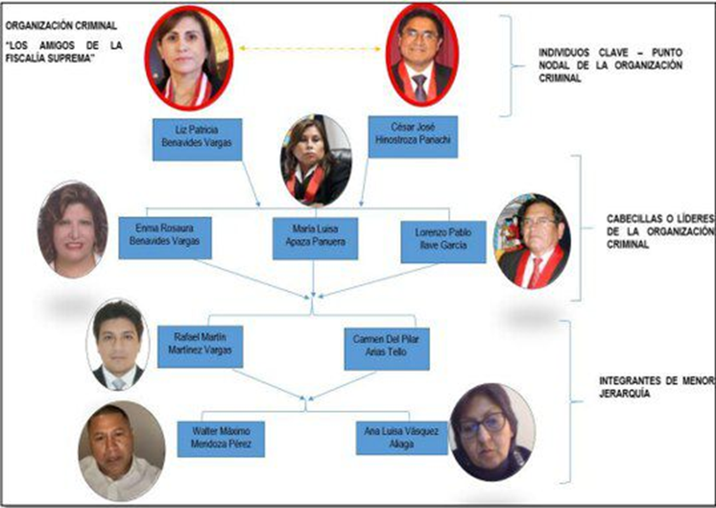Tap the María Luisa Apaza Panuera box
point(315,237)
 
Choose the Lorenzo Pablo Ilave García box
point(443,241)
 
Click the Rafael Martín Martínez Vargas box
point(199,345)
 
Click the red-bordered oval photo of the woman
point(188,58)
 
